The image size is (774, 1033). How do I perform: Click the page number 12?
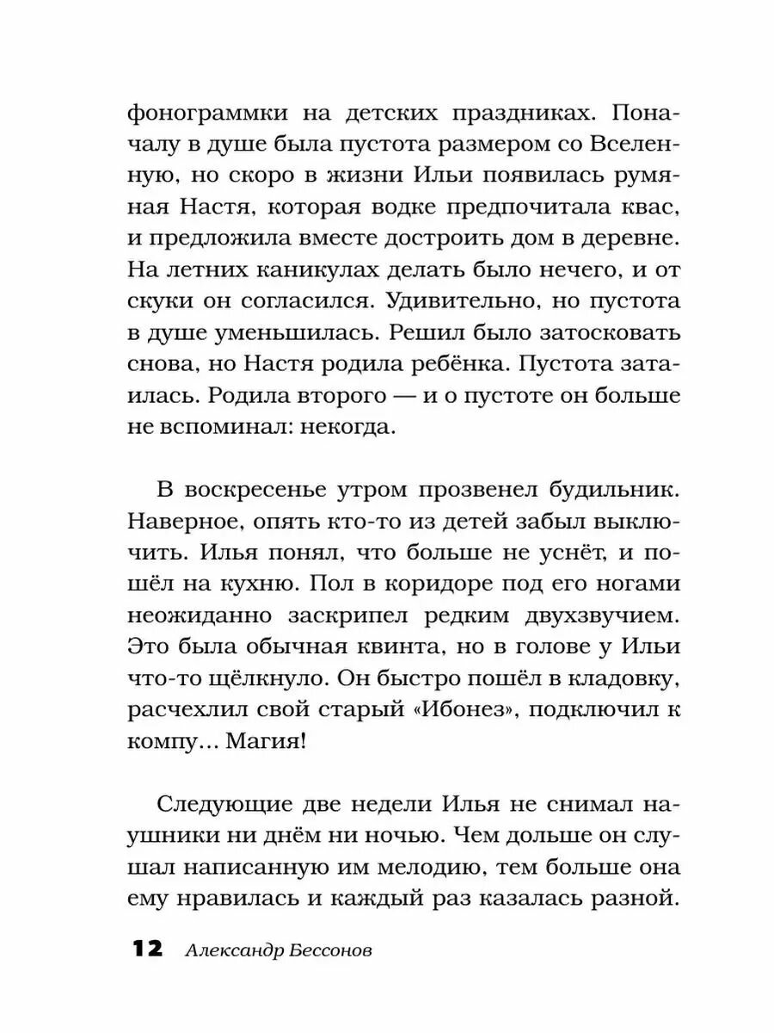tap(146, 949)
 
